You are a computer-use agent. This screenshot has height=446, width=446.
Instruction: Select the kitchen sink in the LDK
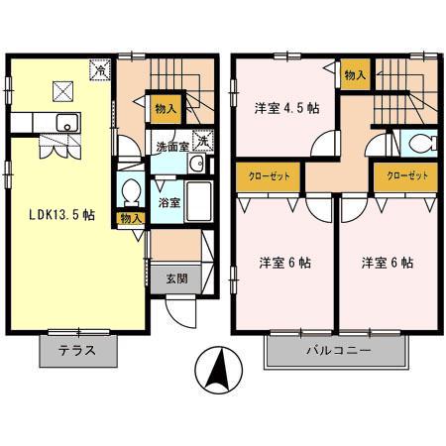65,123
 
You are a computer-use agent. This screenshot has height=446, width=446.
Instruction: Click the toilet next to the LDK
130,188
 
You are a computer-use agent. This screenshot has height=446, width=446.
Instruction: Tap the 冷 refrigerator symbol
98,69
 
